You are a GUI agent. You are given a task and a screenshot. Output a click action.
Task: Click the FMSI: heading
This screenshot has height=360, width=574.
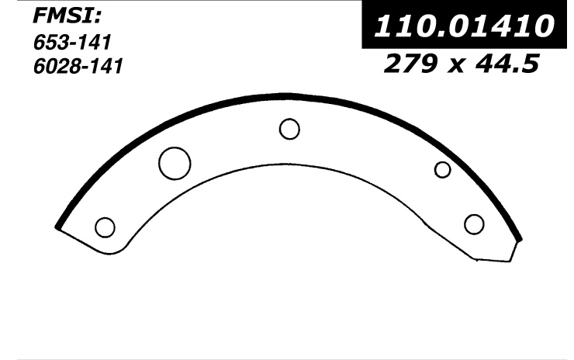click(x=67, y=16)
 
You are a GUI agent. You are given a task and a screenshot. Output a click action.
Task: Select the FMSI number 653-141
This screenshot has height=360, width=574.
click(x=72, y=43)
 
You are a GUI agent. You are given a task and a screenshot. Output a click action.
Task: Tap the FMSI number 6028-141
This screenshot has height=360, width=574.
click(x=78, y=66)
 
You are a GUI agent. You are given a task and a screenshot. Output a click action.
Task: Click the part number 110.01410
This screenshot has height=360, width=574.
click(x=464, y=26)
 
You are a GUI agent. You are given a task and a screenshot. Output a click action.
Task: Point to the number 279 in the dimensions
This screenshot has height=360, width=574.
click(x=411, y=63)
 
